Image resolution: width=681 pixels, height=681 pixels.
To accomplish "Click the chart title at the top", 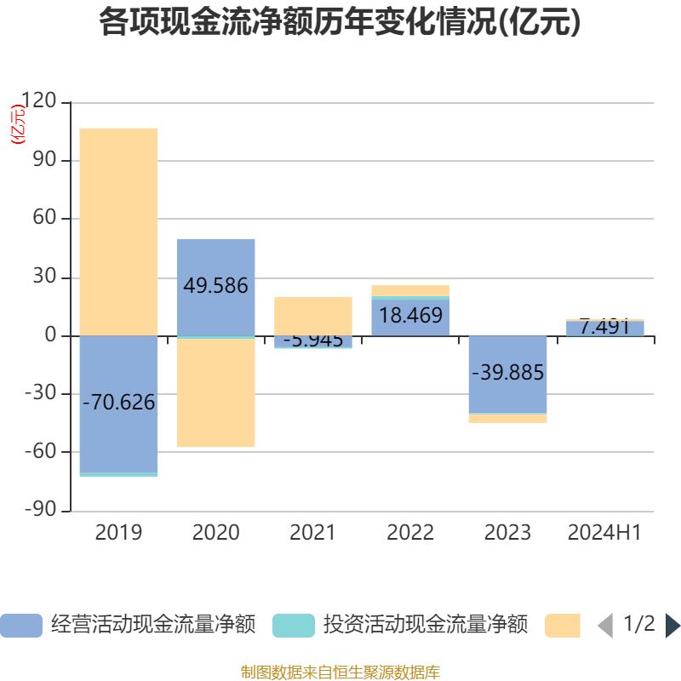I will [x=340, y=23].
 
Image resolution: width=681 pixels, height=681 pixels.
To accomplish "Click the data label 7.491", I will [x=604, y=327].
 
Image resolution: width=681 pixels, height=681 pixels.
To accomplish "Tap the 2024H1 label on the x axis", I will [x=604, y=533].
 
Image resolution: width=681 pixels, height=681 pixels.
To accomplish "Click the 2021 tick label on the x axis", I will [x=312, y=533].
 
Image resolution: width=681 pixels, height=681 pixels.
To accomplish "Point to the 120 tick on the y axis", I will [x=38, y=102].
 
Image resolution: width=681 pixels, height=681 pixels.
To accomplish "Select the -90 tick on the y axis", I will [x=38, y=510].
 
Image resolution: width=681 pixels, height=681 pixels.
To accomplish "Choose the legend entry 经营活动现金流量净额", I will [x=128, y=625].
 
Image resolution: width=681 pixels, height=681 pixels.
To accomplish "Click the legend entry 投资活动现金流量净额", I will [x=400, y=625].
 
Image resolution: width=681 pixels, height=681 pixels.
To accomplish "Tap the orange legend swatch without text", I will [x=562, y=625].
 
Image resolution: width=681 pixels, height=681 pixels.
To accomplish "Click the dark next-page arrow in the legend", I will [x=672, y=625].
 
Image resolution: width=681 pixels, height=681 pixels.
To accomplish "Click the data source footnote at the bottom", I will [x=340, y=672].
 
